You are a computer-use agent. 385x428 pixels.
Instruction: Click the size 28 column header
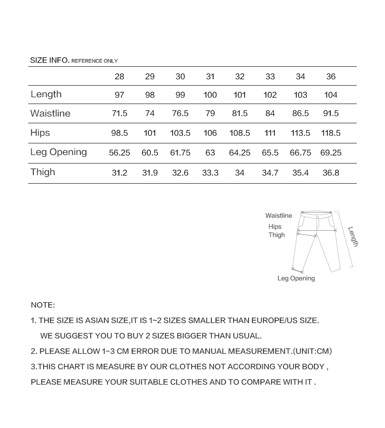click(119, 77)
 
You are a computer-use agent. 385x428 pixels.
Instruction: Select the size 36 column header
click(331, 77)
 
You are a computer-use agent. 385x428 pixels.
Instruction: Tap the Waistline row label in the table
click(50, 113)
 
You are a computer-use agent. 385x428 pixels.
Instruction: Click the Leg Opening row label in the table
click(58, 152)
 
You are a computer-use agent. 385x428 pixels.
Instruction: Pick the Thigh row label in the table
click(43, 172)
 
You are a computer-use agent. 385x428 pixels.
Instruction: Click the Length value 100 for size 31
click(210, 95)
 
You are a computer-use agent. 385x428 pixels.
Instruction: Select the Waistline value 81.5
click(240, 114)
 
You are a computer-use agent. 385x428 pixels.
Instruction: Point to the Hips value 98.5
click(119, 133)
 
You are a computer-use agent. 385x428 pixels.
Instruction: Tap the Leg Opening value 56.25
click(119, 153)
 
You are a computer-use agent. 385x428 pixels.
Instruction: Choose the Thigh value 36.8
click(331, 173)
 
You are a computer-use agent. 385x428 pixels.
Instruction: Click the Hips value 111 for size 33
click(270, 133)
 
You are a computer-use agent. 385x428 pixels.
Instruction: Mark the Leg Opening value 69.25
click(331, 153)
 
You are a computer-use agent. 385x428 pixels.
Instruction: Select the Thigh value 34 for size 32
click(240, 173)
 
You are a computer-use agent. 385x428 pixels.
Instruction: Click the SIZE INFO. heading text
click(50, 60)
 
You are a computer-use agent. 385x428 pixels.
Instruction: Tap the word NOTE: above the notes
click(43, 305)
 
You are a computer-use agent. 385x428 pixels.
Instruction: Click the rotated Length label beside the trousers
click(353, 236)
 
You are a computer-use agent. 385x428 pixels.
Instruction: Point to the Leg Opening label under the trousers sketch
click(296, 278)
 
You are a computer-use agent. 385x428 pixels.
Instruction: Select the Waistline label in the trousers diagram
click(278, 216)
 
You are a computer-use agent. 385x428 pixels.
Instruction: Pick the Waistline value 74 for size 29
click(150, 114)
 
